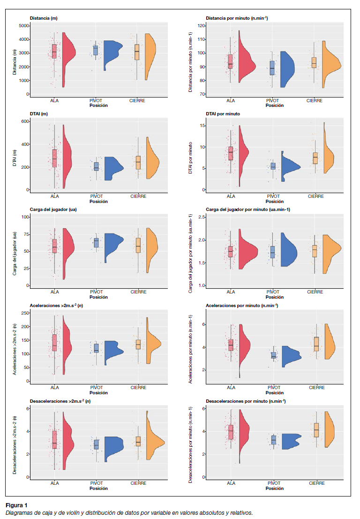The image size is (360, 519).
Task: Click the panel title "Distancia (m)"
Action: [x=44, y=18]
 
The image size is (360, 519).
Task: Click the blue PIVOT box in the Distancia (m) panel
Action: [x=96, y=50]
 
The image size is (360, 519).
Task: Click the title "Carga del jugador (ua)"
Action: [x=53, y=209]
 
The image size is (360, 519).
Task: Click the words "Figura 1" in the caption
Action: [x=16, y=505]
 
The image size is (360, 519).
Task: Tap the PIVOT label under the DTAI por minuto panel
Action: [x=272, y=196]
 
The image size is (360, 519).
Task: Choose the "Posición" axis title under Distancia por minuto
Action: [x=275, y=105]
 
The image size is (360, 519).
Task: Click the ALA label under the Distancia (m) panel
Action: [x=55, y=100]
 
